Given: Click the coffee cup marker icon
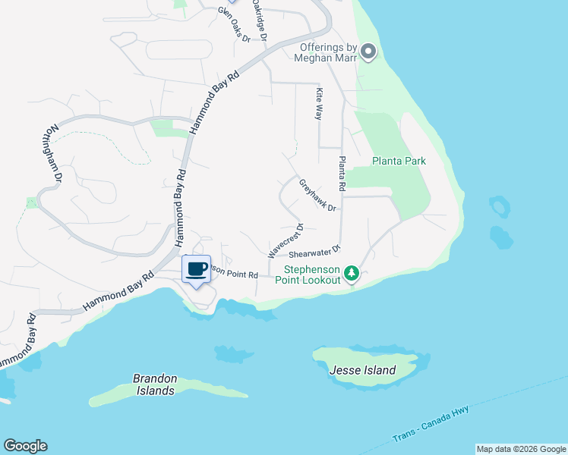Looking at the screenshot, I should [197, 269].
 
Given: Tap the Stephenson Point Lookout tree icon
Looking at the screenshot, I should [351, 272].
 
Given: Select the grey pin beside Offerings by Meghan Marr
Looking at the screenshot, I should [368, 52].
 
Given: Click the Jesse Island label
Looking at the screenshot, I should [363, 370].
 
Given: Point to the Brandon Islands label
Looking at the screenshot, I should [154, 384].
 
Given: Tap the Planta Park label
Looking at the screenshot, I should [399, 161].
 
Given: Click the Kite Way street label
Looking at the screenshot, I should [320, 104].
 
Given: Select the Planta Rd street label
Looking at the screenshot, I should [342, 173].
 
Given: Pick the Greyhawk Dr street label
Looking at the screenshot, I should [317, 195].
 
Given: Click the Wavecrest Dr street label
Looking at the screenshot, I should [284, 239].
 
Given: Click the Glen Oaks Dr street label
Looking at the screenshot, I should [234, 24].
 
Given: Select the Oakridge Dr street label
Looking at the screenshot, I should [260, 20].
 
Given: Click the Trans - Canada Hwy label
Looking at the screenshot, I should [433, 425].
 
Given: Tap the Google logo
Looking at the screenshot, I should [25, 446].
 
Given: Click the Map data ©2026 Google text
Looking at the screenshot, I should [520, 449].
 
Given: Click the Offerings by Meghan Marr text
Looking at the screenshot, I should [324, 53].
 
